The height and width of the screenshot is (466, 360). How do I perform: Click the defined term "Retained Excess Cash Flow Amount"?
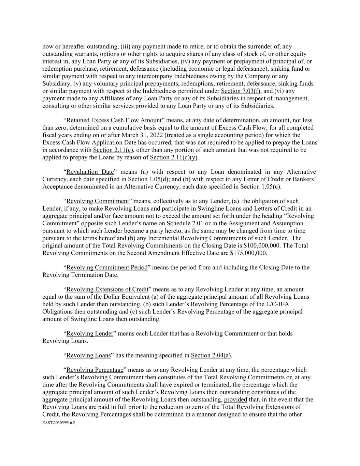(x=114, y=120)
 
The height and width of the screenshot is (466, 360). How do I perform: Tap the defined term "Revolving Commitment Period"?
(x=107, y=267)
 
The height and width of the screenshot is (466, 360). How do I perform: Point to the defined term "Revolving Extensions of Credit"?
(x=107, y=289)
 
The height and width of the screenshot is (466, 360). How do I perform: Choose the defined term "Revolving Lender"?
(x=89, y=333)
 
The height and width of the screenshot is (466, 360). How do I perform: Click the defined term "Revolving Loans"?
(x=88, y=355)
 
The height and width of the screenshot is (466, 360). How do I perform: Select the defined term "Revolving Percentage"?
(x=95, y=370)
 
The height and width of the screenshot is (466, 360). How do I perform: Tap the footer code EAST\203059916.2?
(x=58, y=423)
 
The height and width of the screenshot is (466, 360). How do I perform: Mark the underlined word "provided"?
(x=235, y=399)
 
